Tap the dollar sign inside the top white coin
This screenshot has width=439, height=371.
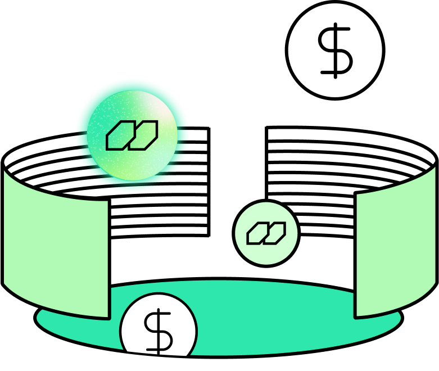(x=335, y=51)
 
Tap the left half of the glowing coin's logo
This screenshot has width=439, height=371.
(x=119, y=136)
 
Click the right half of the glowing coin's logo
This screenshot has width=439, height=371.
(x=144, y=135)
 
